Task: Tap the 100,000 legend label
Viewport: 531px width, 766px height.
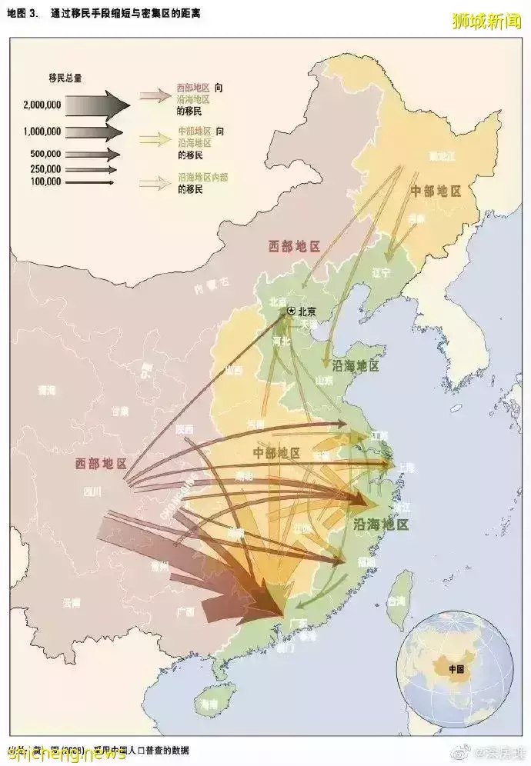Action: click(x=45, y=182)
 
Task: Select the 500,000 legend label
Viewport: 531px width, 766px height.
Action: click(x=45, y=154)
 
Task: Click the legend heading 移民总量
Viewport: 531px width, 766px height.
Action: click(x=65, y=78)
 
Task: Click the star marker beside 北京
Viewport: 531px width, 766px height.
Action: click(x=291, y=311)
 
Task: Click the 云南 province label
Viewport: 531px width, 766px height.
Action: click(x=71, y=601)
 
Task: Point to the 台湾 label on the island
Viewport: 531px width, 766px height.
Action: click(x=397, y=599)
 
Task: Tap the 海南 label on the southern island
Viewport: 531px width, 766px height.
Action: click(x=207, y=703)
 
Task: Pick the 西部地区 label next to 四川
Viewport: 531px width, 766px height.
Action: click(x=101, y=464)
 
